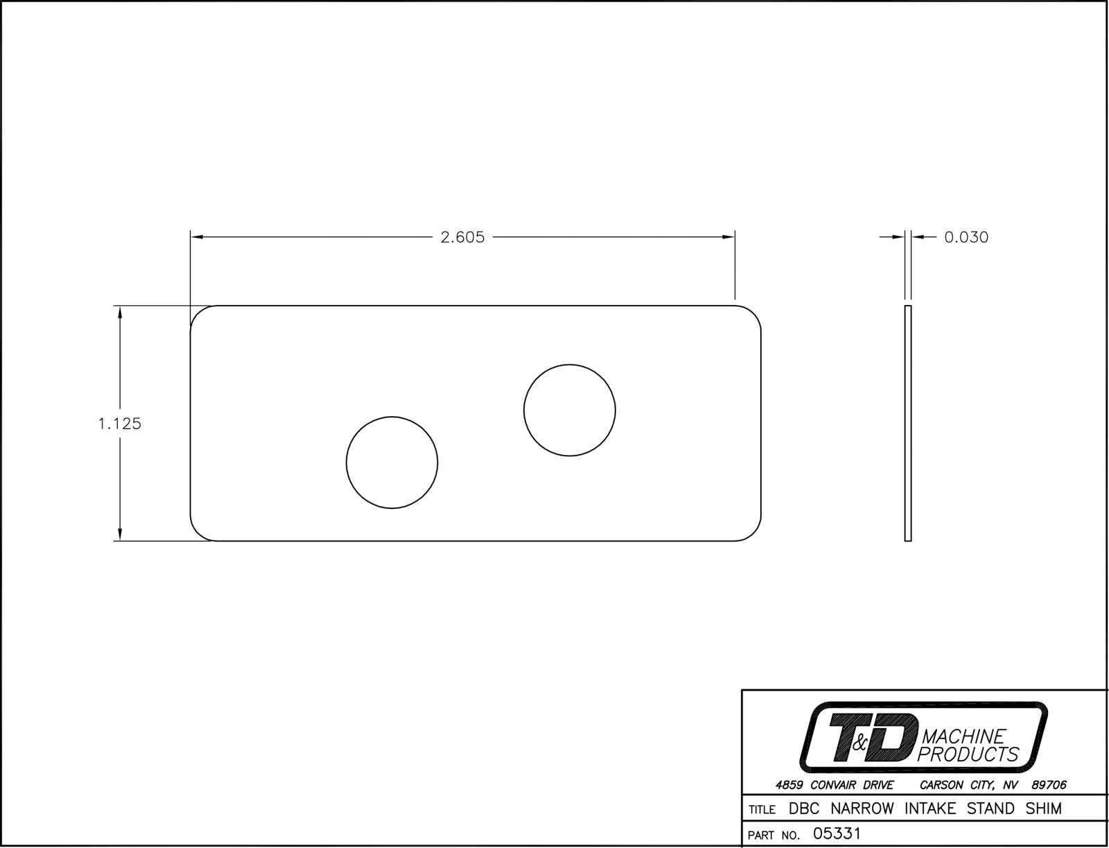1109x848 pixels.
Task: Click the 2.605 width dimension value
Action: (462, 237)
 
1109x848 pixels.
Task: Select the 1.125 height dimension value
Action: (120, 424)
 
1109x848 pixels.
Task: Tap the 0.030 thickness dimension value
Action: (966, 237)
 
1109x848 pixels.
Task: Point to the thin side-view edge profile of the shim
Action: (908, 424)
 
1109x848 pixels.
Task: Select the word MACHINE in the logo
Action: (964, 736)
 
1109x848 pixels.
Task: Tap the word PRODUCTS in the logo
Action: (968, 754)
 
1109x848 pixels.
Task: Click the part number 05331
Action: (836, 833)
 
